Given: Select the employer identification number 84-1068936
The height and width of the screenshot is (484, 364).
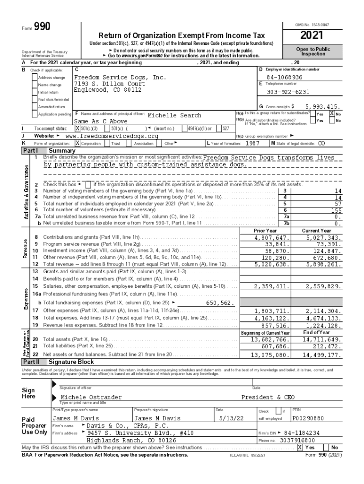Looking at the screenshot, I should (284, 77).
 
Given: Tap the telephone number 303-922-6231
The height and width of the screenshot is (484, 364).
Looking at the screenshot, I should (288, 92).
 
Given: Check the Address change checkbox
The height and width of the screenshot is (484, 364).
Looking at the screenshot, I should (35, 78).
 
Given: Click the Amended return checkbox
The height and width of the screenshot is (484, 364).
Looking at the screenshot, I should (35, 107).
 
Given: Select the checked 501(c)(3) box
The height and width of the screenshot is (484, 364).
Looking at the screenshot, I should (78, 128).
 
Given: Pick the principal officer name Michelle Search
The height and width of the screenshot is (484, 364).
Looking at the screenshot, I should (174, 115).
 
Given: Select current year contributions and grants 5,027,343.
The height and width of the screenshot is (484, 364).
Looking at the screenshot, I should (323, 237).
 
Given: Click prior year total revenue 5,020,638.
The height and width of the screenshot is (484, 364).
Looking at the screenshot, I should (271, 265).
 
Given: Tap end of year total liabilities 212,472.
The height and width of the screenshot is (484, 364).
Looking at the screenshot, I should (326, 346).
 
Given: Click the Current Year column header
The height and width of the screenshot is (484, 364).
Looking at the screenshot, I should (316, 230).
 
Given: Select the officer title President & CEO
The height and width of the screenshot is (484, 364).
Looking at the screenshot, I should (268, 398).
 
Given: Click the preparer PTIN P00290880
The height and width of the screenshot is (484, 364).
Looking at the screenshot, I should (308, 418).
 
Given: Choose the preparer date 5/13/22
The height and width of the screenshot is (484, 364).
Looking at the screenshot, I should (231, 418).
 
